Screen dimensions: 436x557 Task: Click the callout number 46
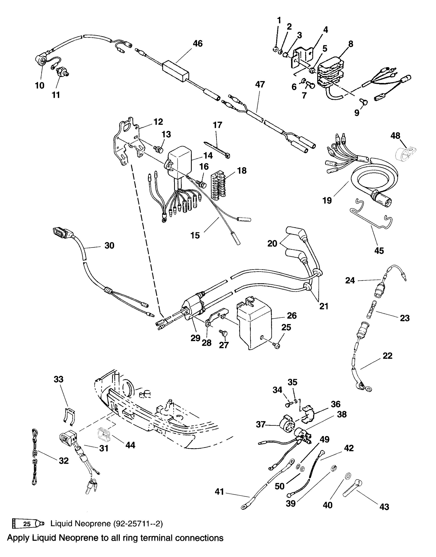tap(198, 43)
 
